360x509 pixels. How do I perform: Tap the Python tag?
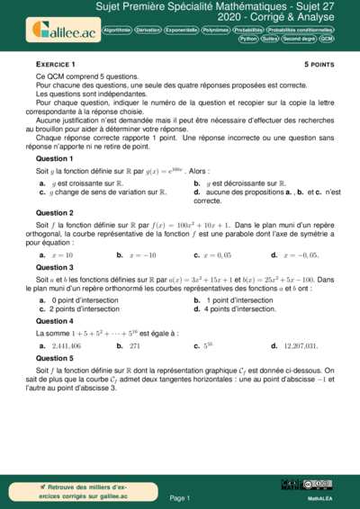[248, 40]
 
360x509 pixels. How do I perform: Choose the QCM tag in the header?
[327, 40]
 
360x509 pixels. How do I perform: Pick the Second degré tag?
[298, 40]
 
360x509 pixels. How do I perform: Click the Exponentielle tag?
[180, 30]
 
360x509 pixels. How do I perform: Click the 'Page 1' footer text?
[180, 497]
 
